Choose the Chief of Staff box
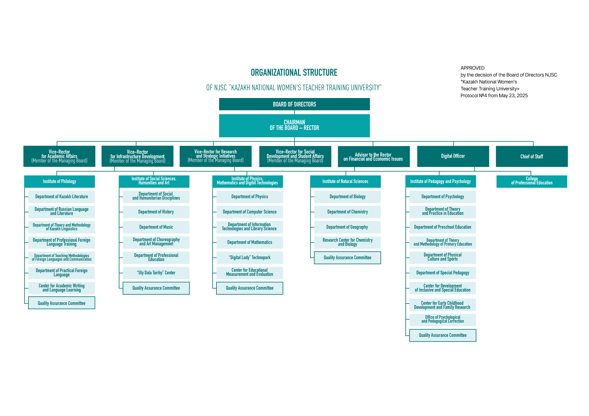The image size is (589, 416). coord(532,156)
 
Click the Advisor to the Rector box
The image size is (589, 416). coord(374,156)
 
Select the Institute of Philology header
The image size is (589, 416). coord(59,181)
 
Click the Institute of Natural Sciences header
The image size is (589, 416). coord(345,181)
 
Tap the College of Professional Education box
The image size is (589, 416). coord(532,181)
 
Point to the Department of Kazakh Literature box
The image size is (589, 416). coord(62,197)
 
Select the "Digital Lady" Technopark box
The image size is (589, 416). coord(250,258)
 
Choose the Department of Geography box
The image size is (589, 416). coord(347,227)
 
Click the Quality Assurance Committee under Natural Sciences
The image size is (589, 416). coord(347,258)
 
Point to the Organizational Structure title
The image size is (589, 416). coord(294,73)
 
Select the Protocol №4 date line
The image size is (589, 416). coord(494,96)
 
